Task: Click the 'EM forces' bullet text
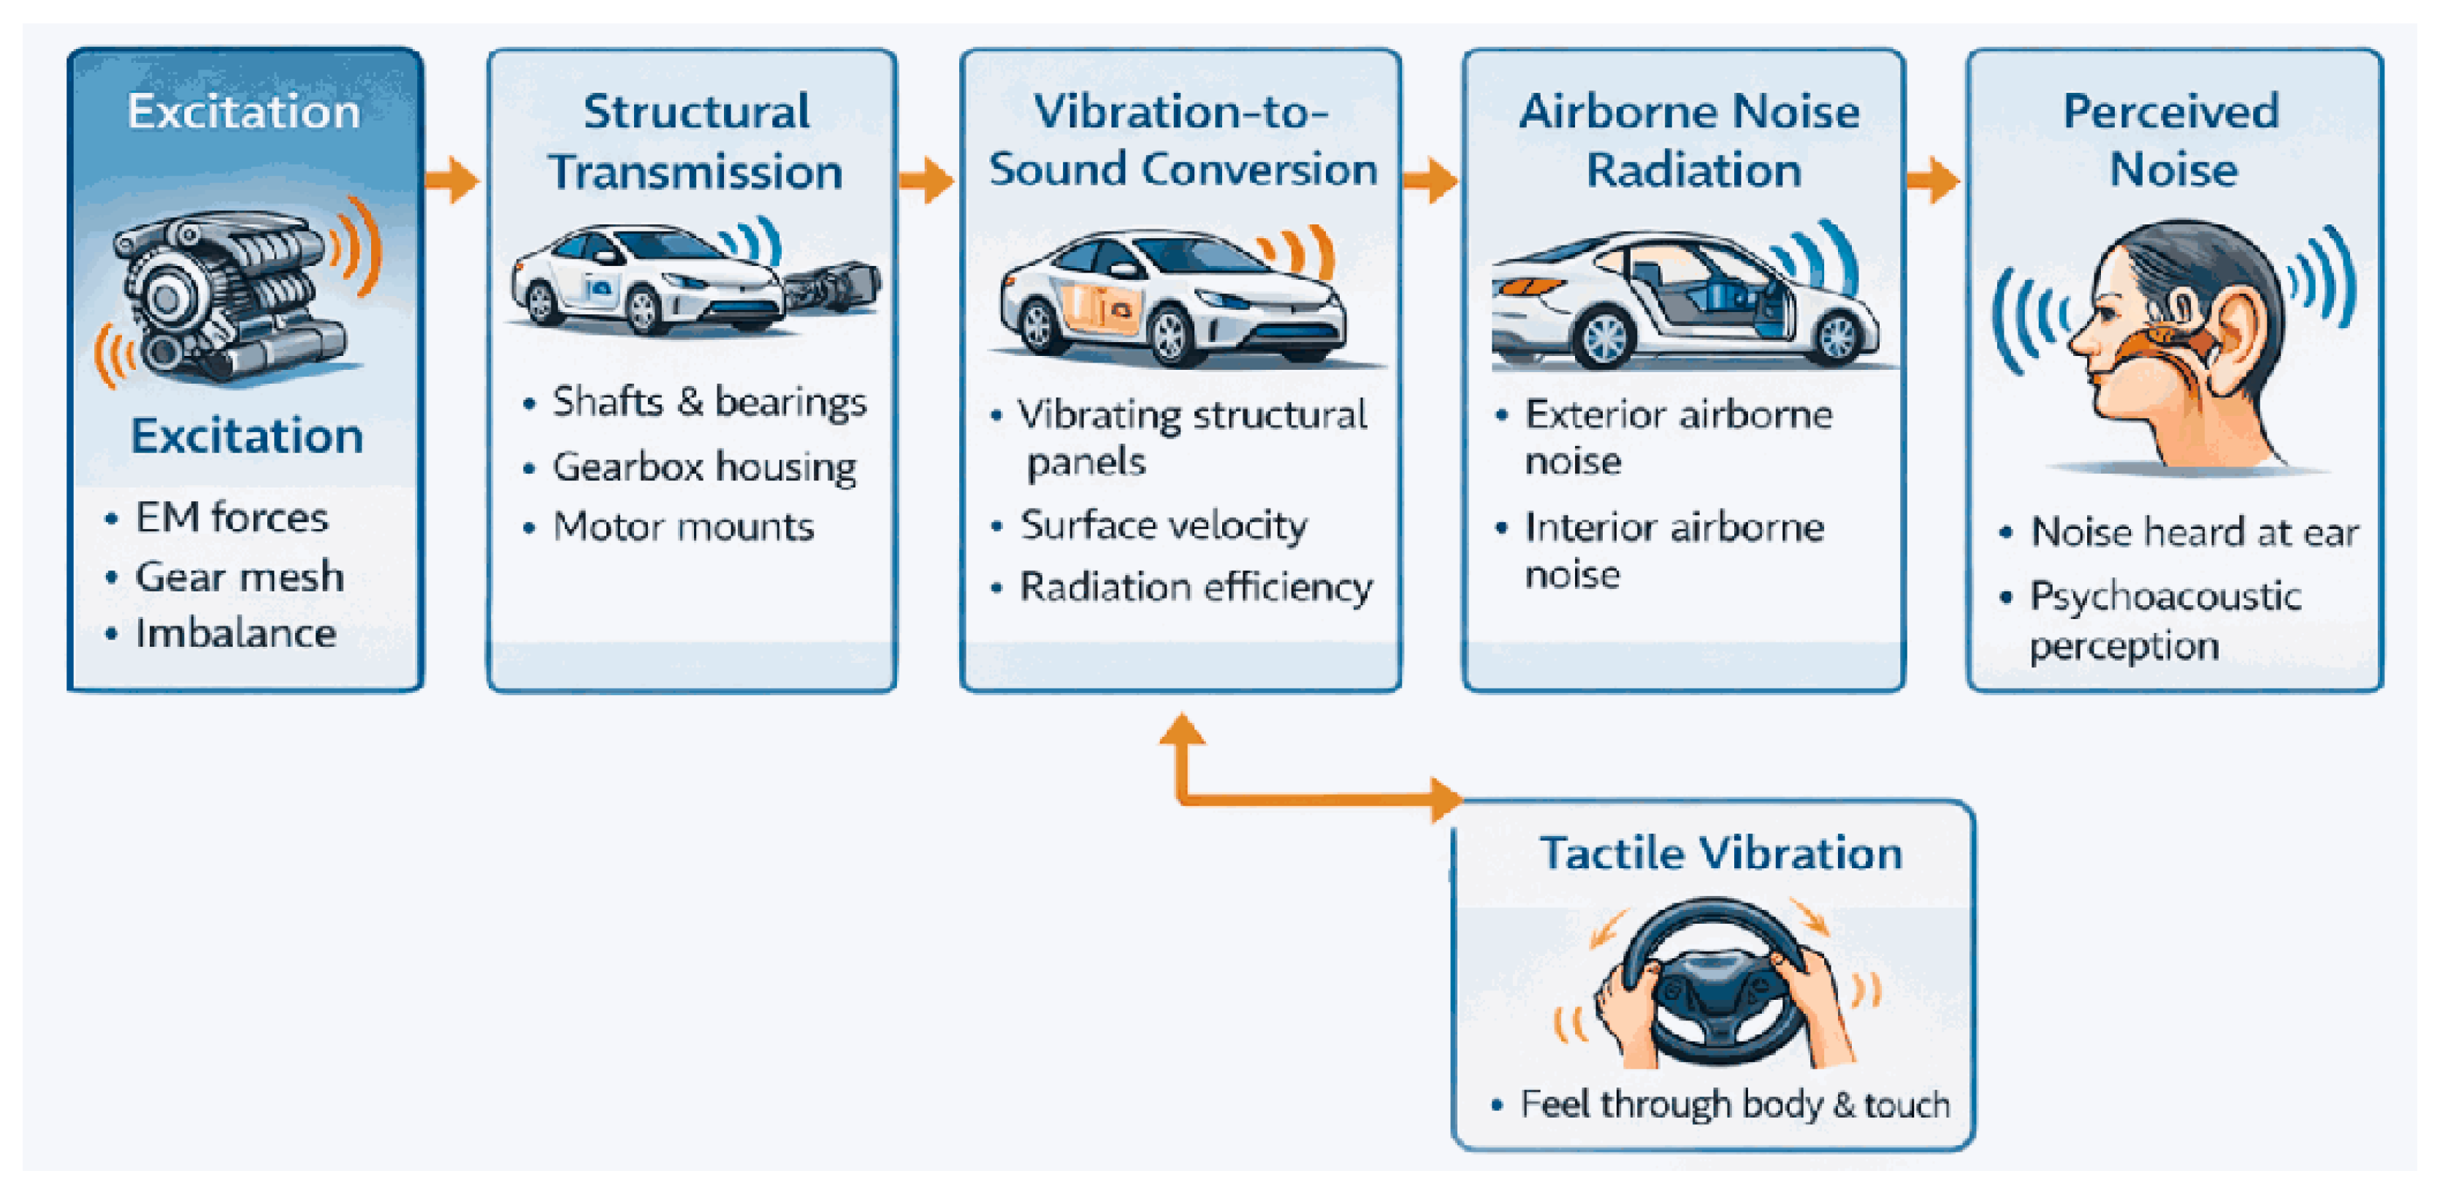(x=232, y=517)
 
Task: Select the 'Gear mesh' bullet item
(x=240, y=576)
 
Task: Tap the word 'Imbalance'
(x=235, y=633)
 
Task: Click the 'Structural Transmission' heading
(x=695, y=142)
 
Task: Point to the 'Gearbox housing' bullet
(x=704, y=466)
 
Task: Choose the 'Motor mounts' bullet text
(x=683, y=526)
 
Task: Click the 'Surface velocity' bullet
(x=1164, y=525)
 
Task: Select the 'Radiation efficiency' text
(x=1196, y=587)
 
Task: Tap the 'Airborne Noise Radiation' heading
(x=1690, y=141)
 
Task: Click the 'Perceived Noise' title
(x=2172, y=141)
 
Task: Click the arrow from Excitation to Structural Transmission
(x=452, y=179)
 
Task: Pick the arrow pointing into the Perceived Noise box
(x=1933, y=179)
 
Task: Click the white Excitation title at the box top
(x=244, y=112)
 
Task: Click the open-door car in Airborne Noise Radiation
(x=1684, y=303)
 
